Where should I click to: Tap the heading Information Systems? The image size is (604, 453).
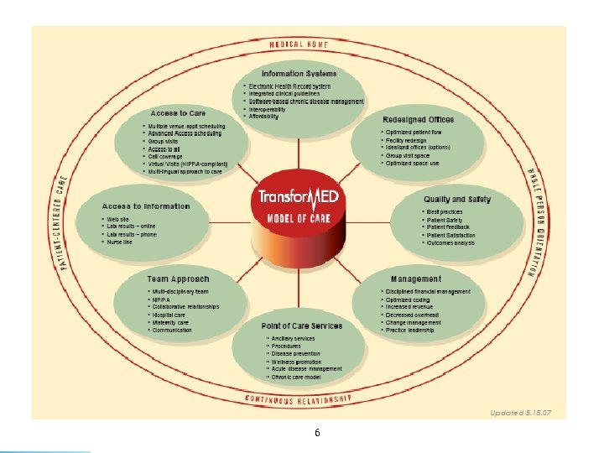click(300, 74)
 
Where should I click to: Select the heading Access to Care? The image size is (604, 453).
click(178, 112)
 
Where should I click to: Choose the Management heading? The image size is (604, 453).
click(415, 279)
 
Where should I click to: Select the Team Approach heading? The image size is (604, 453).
click(178, 279)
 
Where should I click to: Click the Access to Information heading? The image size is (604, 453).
click(146, 206)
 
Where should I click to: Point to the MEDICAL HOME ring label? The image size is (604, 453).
click(299, 44)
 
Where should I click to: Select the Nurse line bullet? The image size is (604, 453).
click(120, 242)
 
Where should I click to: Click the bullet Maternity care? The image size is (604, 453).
click(171, 322)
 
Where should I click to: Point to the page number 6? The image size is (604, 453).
click(316, 433)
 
